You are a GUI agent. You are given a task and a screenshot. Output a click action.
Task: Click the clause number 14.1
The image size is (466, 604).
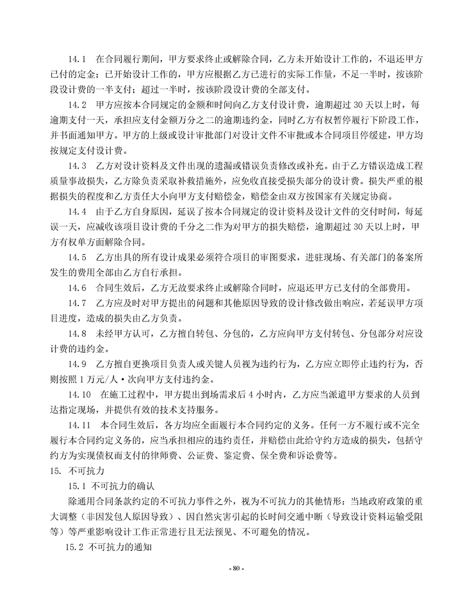[x=77, y=59]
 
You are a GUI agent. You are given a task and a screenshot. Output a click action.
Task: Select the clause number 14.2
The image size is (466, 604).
[x=77, y=105]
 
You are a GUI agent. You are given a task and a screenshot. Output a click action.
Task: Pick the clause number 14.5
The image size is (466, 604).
[x=77, y=255]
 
